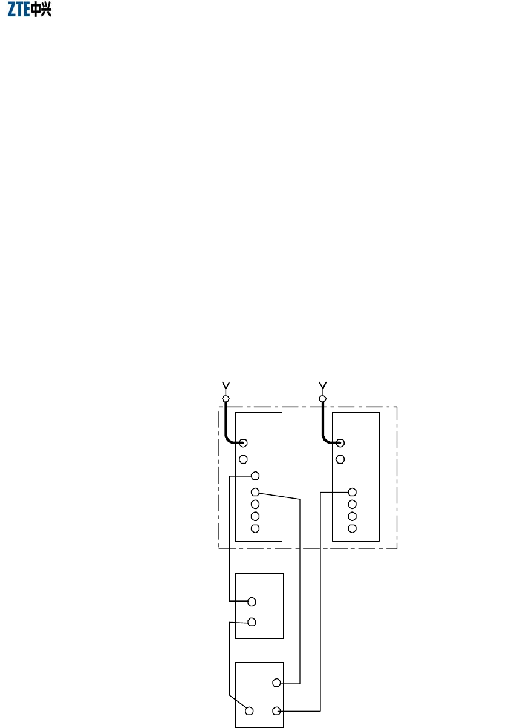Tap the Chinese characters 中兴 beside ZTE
click(41, 11)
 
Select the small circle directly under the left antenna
click(226, 398)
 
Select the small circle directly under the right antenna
click(322, 398)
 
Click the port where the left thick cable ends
click(243, 443)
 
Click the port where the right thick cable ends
click(340, 443)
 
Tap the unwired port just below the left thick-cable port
click(243, 458)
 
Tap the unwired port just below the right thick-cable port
click(340, 458)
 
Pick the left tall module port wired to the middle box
click(255, 476)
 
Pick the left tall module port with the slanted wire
click(255, 492)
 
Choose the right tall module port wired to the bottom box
click(353, 492)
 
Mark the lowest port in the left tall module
click(255, 528)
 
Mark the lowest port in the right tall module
click(353, 528)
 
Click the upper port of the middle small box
click(252, 602)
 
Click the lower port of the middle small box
click(252, 621)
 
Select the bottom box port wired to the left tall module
click(276, 683)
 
